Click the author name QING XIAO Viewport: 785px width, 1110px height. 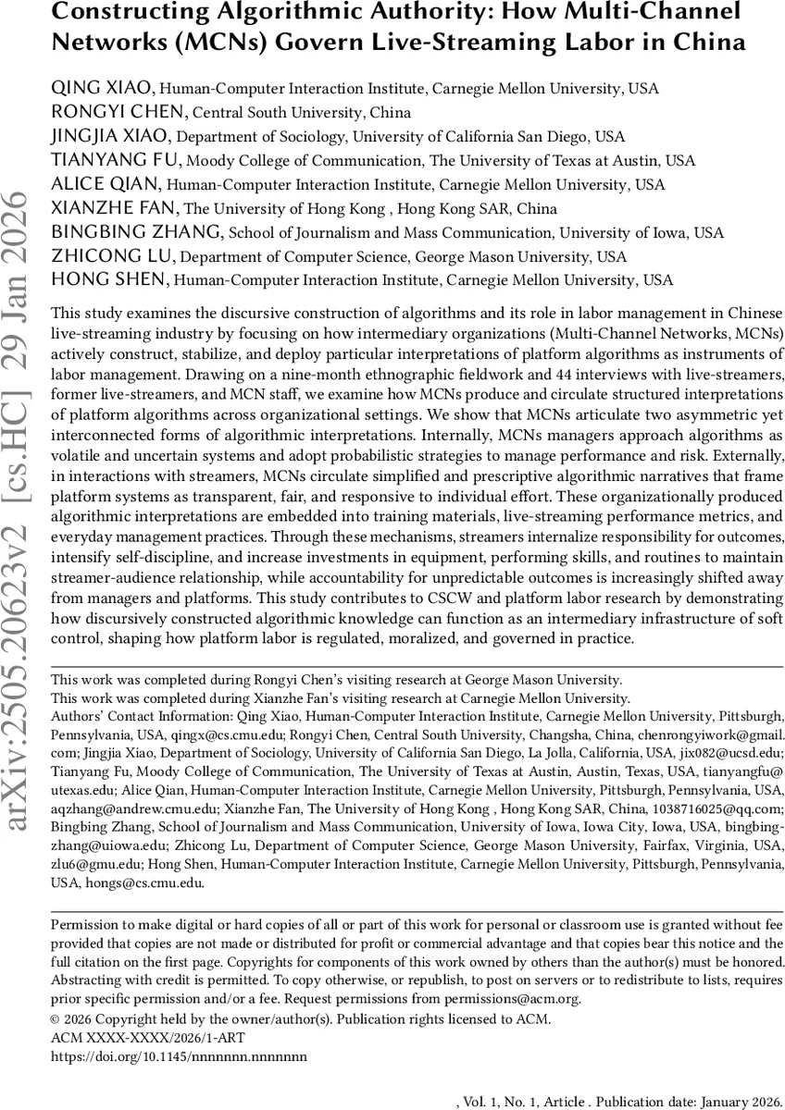[x=105, y=89]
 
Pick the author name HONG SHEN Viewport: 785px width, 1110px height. [x=110, y=280]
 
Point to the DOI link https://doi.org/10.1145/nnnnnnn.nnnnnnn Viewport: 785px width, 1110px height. [x=178, y=1054]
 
